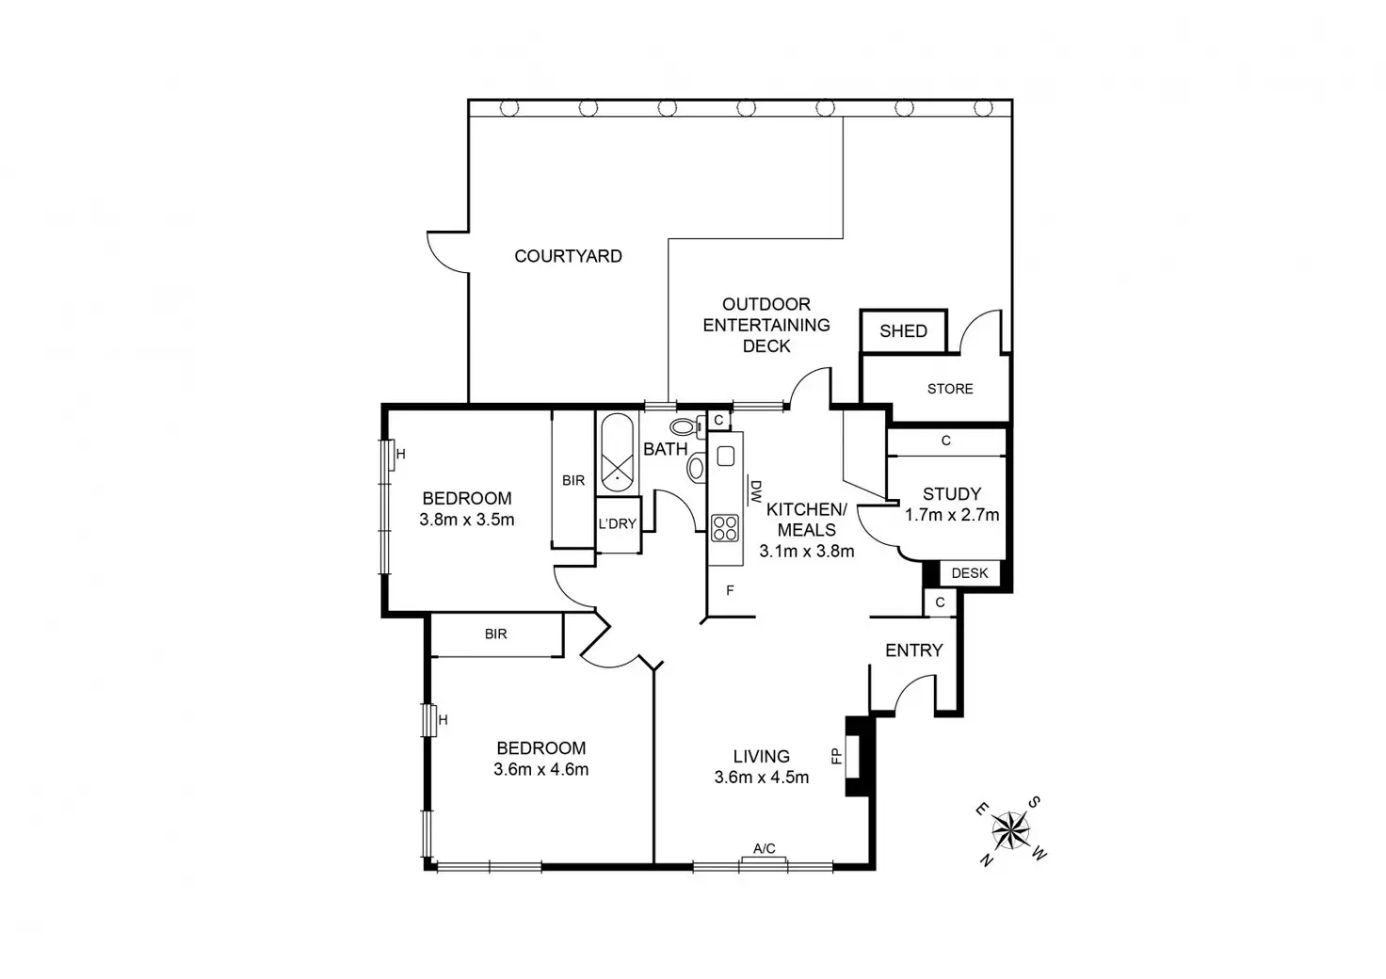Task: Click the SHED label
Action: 903,331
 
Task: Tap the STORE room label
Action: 949,389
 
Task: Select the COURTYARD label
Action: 568,256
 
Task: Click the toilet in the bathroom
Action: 685,427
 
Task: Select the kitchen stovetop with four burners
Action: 725,527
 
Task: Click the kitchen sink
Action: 725,457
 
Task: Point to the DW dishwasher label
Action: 755,489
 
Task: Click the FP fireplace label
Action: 834,755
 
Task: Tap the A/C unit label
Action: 764,849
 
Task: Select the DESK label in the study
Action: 969,573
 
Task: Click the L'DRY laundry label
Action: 618,524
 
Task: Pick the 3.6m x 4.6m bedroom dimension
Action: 540,770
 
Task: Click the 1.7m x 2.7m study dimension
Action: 952,515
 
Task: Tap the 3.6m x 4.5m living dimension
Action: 761,778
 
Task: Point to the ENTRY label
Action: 913,650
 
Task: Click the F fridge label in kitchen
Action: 730,591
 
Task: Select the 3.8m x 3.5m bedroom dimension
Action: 467,520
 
